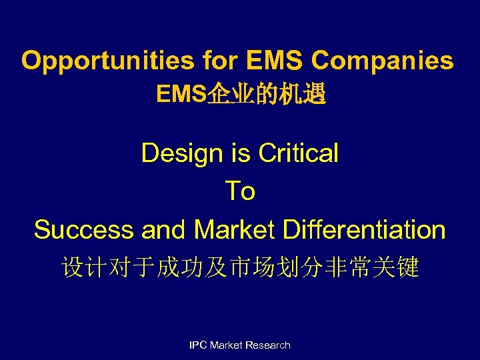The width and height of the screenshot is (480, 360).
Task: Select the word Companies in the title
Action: [x=382, y=61]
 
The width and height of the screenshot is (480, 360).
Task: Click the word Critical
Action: [x=298, y=153]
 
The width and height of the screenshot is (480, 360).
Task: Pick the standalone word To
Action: [x=240, y=191]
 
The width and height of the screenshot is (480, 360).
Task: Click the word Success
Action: [x=83, y=230]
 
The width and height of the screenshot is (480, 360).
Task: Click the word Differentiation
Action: [x=364, y=230]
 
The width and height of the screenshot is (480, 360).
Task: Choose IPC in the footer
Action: [x=198, y=345]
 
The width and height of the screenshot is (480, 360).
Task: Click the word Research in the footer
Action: [x=268, y=345]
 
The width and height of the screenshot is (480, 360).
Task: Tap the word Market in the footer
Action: [x=226, y=345]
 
